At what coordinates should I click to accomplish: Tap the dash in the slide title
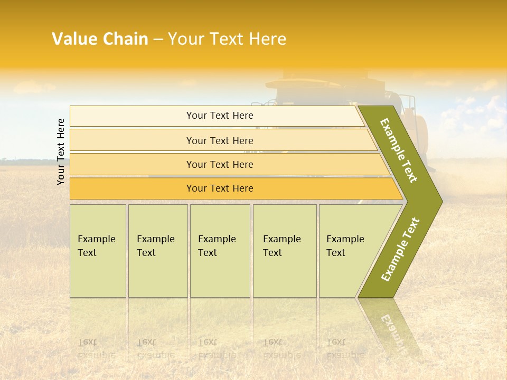(x=158, y=40)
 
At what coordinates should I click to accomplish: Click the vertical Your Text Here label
(x=61, y=151)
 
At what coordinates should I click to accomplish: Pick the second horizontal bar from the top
(x=219, y=140)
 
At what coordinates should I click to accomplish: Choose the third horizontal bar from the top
(x=219, y=164)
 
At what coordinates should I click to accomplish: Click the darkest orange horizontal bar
(x=219, y=188)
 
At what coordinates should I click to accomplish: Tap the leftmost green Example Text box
(x=98, y=251)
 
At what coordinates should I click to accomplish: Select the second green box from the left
(x=157, y=251)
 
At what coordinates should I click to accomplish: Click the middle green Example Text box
(x=220, y=251)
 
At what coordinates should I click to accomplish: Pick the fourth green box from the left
(x=284, y=251)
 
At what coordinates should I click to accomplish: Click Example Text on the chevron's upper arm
(x=399, y=150)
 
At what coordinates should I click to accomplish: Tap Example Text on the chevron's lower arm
(x=400, y=250)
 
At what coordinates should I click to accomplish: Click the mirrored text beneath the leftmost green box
(x=96, y=348)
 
